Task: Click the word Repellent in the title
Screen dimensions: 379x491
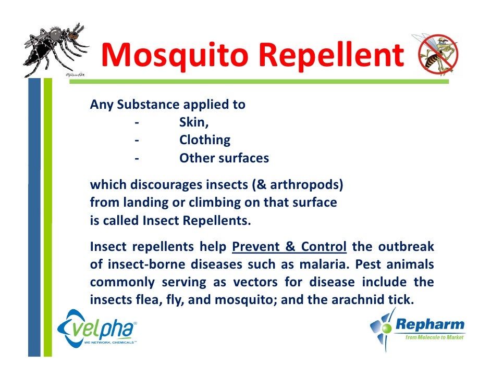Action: [x=330, y=56]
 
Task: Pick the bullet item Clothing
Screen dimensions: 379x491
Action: [x=204, y=140]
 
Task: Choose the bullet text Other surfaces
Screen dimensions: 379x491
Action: [x=224, y=158]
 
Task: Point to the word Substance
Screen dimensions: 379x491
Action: [x=148, y=105]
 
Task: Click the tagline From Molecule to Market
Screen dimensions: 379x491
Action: [x=434, y=338]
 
